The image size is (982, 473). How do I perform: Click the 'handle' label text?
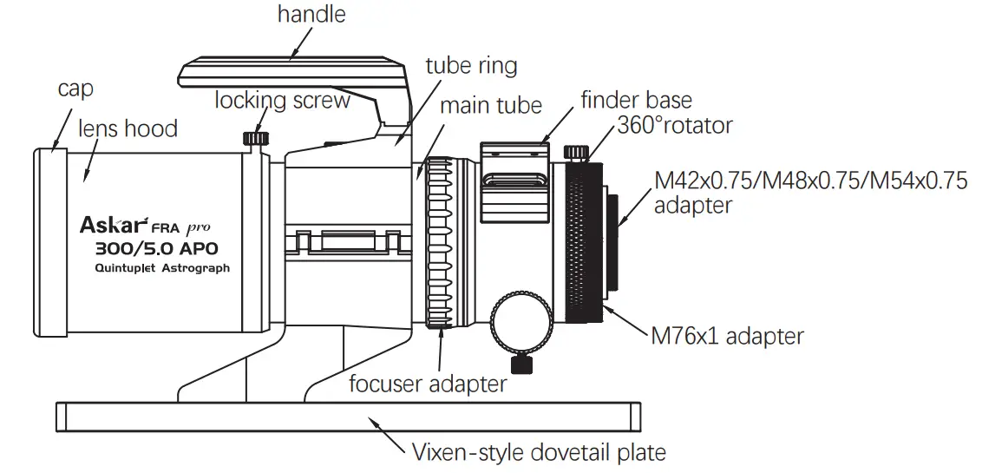click(x=311, y=15)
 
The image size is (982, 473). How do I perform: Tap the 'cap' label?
click(x=75, y=89)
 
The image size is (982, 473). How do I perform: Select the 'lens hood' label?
click(x=128, y=128)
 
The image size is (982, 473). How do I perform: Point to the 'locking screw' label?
click(x=283, y=100)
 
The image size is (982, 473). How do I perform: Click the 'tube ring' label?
click(x=471, y=66)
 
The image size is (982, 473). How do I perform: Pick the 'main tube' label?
click(x=490, y=106)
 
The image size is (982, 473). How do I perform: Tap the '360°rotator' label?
click(x=675, y=125)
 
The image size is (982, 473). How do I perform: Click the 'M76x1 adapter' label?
click(x=727, y=335)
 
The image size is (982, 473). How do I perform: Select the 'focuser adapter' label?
click(x=428, y=383)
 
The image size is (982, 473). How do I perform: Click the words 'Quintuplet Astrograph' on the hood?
click(x=162, y=268)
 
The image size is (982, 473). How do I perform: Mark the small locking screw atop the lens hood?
click(x=254, y=138)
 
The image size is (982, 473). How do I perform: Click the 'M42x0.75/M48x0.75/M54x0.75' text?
click(x=810, y=181)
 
